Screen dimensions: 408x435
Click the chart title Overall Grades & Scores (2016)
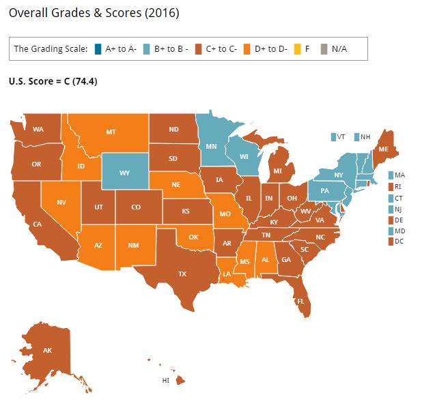[94, 14]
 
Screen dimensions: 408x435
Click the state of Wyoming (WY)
[124, 173]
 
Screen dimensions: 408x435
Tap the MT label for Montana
[110, 132]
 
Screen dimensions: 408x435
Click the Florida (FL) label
[299, 301]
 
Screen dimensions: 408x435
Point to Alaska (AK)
[47, 351]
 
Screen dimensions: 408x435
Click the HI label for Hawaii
[165, 379]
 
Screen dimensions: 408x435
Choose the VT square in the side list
[333, 136]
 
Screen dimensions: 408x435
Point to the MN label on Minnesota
[212, 146]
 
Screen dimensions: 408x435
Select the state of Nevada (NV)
[61, 202]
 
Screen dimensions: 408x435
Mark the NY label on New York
[338, 175]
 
